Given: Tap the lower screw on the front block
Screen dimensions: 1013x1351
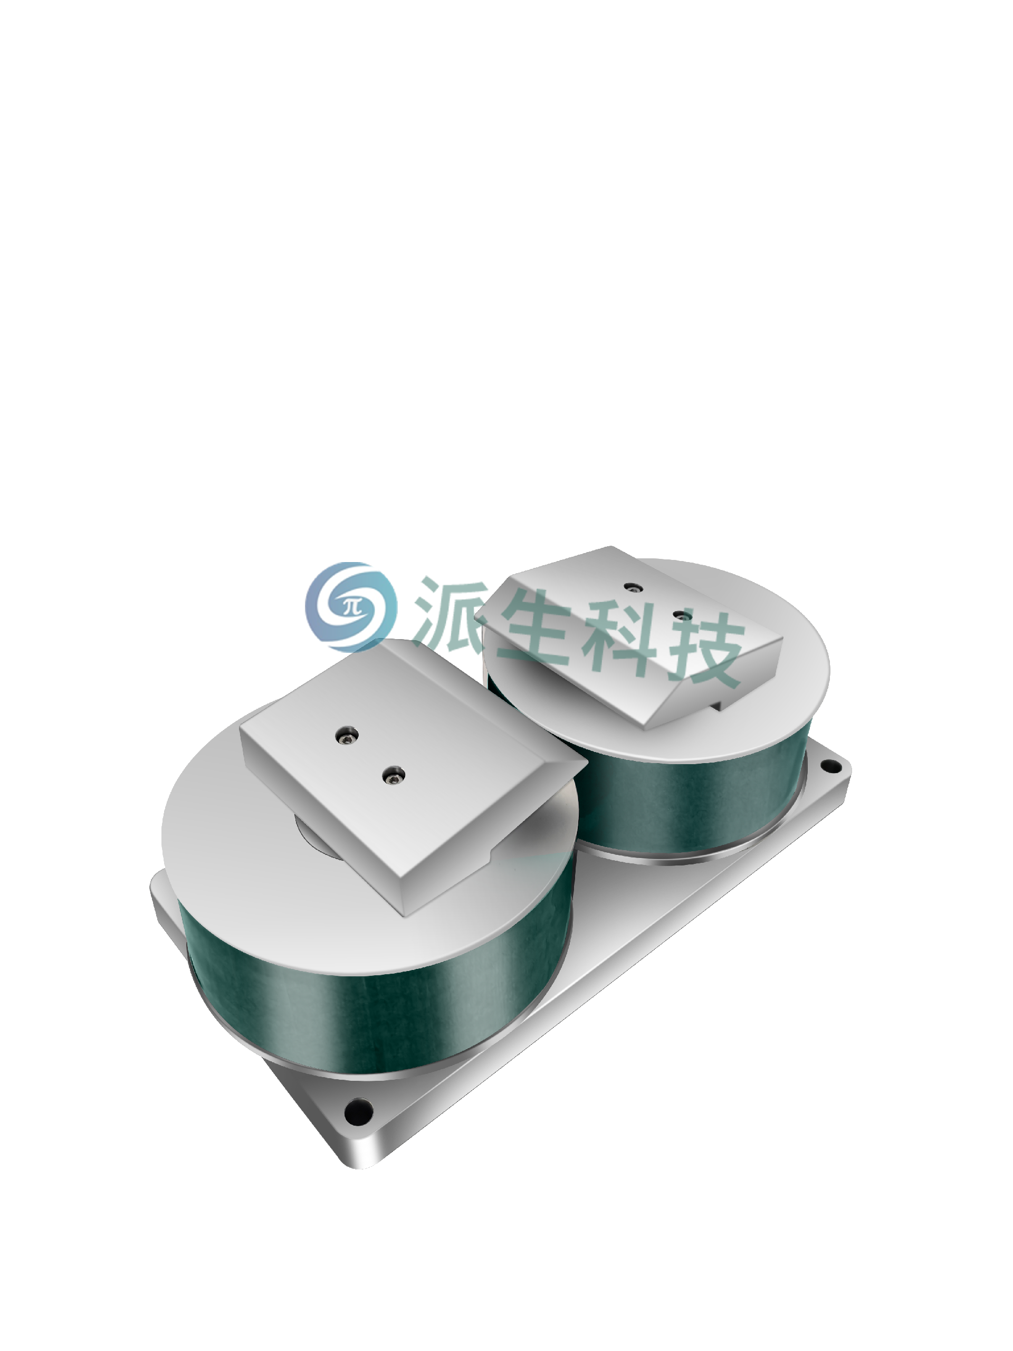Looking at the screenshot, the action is [x=393, y=776].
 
